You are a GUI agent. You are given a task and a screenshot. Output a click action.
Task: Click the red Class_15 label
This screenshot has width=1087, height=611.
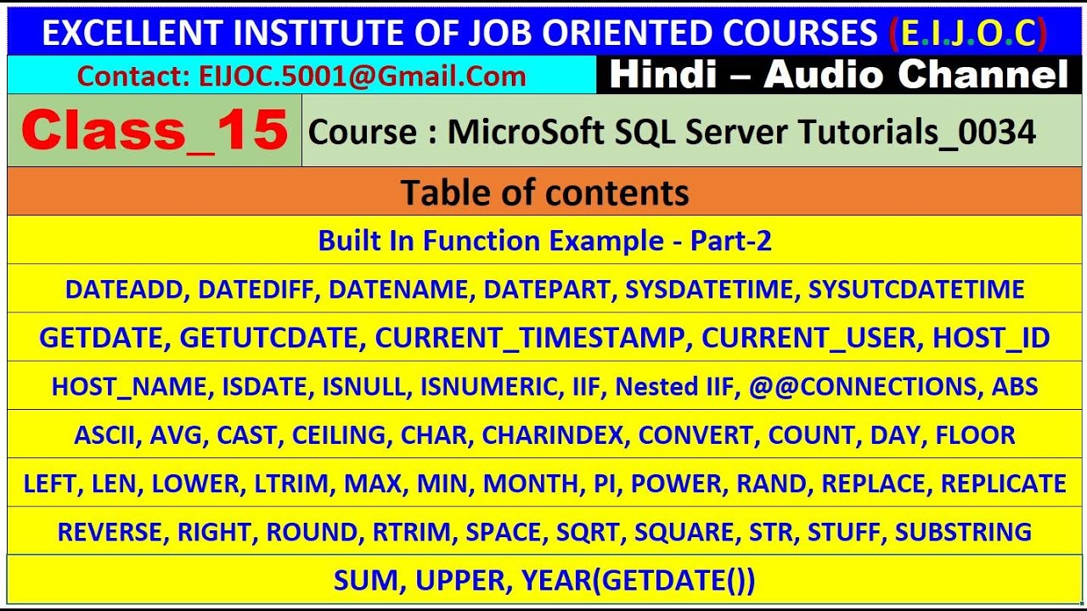pos(155,132)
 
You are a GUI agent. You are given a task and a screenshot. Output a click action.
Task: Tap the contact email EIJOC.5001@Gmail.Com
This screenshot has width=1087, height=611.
pos(363,76)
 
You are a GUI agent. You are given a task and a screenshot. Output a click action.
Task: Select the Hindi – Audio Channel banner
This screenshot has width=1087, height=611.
pos(838,76)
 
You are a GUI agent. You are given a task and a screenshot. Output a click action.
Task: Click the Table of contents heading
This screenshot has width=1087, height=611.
pos(544,193)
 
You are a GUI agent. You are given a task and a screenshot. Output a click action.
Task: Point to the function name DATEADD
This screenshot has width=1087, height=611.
pos(124,289)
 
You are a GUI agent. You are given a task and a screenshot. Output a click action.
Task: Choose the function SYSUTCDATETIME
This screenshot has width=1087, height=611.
pos(916,289)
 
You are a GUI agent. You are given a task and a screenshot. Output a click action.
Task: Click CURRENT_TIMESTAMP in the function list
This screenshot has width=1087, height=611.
pos(530,338)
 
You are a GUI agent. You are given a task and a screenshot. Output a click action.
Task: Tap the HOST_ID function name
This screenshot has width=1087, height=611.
pos(991,338)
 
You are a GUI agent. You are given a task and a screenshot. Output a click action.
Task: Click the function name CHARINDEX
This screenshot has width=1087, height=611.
pos(555,434)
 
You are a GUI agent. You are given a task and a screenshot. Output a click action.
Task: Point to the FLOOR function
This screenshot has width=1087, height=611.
pos(975,434)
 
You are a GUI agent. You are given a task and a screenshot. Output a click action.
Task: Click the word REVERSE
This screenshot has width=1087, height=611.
pos(113,531)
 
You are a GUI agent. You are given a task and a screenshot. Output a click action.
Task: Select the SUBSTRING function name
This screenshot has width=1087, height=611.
pos(963,531)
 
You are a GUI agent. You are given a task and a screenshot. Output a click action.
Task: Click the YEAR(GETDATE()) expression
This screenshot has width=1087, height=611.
pos(638,580)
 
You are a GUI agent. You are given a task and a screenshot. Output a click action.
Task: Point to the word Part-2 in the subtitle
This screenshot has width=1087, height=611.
pos(730,241)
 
